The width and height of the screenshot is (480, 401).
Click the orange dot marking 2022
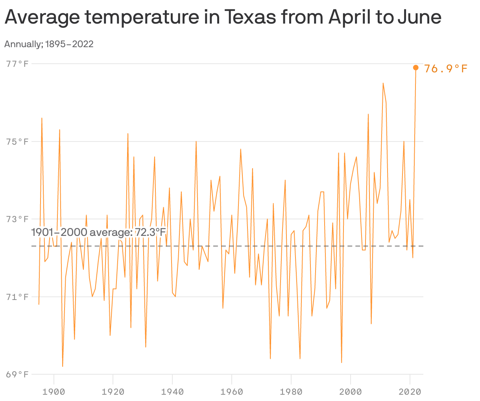point(415,68)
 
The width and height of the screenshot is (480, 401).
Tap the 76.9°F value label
point(446,69)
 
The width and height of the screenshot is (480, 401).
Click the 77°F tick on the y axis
point(17,64)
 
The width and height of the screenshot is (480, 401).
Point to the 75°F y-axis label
point(17,142)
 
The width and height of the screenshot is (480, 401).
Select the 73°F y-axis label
point(17,219)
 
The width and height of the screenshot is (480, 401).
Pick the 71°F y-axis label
point(17,297)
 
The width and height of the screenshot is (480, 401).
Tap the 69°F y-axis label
point(17,374)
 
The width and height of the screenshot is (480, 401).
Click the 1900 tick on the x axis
point(54,392)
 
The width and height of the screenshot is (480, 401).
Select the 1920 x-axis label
point(113,392)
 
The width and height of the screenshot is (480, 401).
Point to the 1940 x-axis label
point(172,392)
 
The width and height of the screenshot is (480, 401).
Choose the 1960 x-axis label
point(232,392)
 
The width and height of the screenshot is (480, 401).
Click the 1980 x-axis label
point(291,392)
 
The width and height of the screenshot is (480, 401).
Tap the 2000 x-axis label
point(351,392)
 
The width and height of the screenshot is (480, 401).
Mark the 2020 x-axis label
point(410,392)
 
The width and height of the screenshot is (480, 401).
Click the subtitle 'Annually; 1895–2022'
point(49,44)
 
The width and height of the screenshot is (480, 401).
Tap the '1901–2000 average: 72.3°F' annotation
point(98,232)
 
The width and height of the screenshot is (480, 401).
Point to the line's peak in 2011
point(383,83)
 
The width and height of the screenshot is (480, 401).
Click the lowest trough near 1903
point(63,366)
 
